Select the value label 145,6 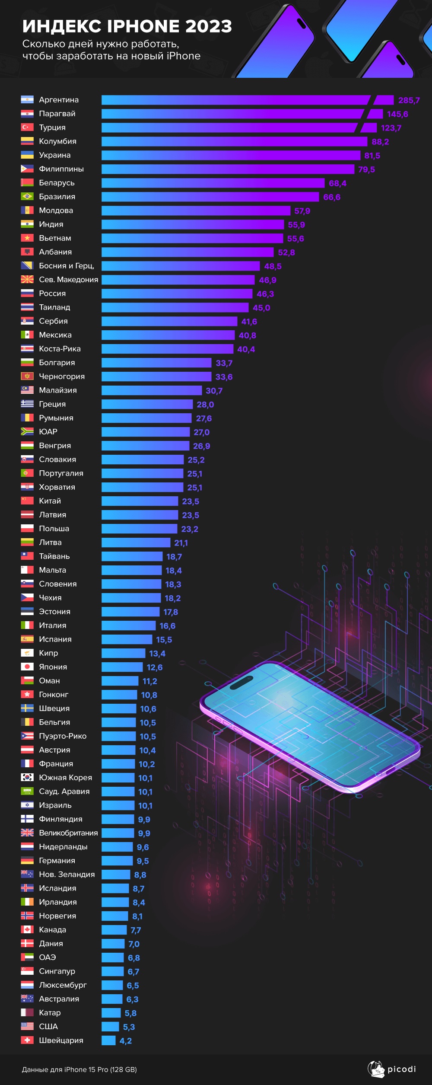click(397, 114)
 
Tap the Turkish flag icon click(27, 128)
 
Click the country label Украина click(54, 155)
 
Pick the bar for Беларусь click(213, 183)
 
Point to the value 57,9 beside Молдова click(302, 211)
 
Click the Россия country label click(52, 294)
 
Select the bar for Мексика click(168, 335)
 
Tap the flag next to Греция click(27, 404)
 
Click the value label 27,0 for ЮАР click(201, 432)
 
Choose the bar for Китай click(140, 501)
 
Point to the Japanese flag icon click(27, 667)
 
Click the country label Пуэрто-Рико click(63, 736)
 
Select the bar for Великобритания click(118, 833)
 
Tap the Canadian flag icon click(27, 929)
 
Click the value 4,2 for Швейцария click(126, 1041)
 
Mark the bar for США click(110, 1027)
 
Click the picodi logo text click(401, 1069)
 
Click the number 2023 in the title click(209, 26)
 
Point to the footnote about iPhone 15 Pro click(79, 1069)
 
